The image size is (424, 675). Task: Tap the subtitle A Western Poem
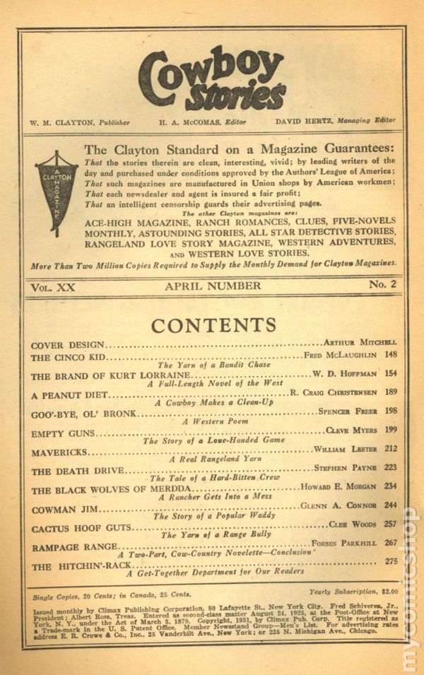(x=213, y=421)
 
